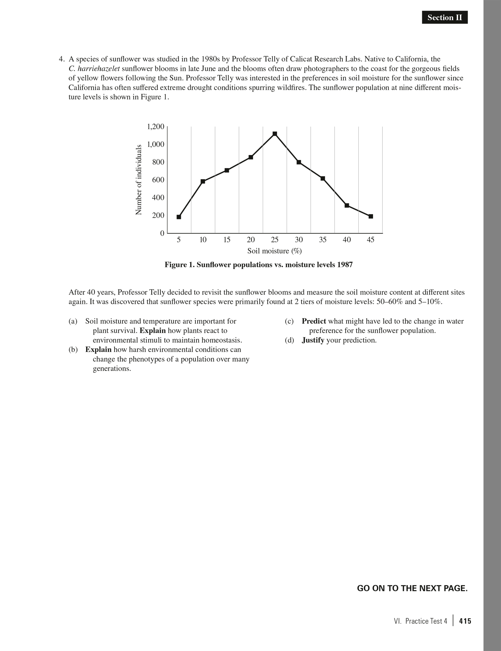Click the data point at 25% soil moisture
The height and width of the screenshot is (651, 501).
(275, 134)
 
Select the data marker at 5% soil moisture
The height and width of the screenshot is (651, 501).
(179, 217)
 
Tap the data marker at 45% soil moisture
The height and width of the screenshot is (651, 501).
(371, 216)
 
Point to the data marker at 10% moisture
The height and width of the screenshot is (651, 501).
(203, 181)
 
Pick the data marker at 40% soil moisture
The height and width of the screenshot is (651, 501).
(347, 205)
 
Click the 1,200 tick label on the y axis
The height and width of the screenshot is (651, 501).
(155, 127)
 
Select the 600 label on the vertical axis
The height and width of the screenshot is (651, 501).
(158, 180)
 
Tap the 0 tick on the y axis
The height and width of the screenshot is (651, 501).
(162, 233)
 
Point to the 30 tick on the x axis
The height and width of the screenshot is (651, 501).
(299, 240)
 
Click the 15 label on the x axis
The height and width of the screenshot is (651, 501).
(227, 240)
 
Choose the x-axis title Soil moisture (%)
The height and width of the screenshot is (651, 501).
(274, 251)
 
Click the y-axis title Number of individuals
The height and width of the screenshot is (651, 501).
(139, 179)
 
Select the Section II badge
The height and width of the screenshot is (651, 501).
(444, 18)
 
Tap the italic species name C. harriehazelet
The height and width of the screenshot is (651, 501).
(94, 68)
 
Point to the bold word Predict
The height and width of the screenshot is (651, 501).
(314, 321)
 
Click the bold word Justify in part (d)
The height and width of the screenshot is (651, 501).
(313, 340)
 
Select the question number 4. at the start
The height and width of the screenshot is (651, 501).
(62, 59)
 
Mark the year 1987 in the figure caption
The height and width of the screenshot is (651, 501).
(345, 265)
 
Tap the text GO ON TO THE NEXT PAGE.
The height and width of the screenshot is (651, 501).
(412, 588)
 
